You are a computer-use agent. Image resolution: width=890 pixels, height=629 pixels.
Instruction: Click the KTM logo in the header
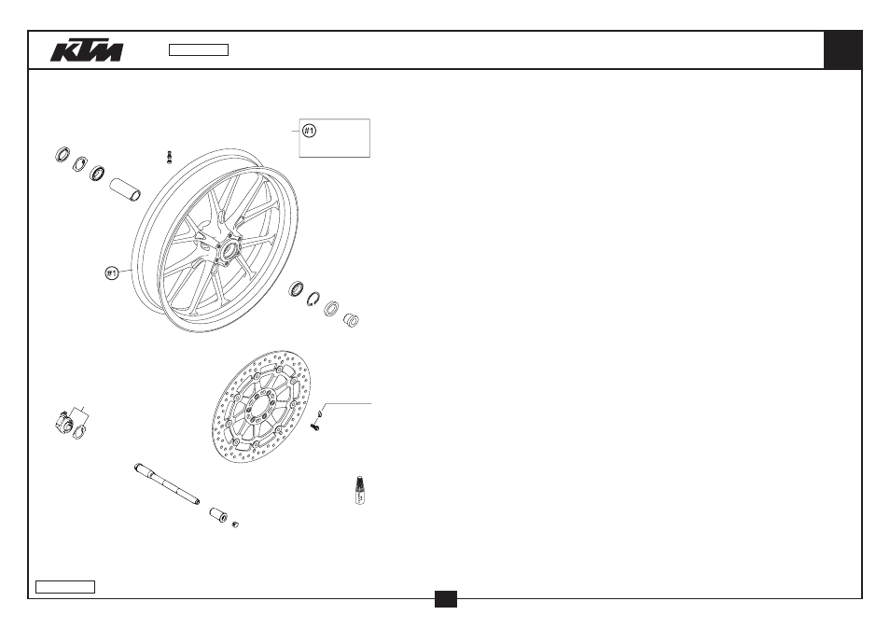87,50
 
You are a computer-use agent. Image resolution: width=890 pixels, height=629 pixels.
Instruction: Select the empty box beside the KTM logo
199,50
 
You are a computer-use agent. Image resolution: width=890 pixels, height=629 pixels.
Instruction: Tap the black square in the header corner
842,50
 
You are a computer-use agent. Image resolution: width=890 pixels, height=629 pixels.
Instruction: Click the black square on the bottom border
446,599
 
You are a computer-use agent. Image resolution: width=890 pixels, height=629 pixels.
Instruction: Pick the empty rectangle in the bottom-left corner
65,587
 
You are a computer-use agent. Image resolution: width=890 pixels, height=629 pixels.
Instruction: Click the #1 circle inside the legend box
309,131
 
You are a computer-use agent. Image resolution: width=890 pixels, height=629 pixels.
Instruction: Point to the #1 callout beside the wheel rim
112,273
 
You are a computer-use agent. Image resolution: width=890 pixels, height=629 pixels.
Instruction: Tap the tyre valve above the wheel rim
169,157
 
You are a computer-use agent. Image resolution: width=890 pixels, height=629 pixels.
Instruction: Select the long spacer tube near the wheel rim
125,189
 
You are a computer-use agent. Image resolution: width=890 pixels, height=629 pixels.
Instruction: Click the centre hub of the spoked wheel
229,248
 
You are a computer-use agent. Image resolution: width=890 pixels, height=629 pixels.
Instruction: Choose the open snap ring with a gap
313,299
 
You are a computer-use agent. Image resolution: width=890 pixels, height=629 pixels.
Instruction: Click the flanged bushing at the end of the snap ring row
351,319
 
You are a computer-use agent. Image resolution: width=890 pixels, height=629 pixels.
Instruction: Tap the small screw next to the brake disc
316,426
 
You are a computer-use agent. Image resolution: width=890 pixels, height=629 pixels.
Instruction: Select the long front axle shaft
167,484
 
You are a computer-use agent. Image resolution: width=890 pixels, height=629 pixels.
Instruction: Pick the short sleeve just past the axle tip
218,514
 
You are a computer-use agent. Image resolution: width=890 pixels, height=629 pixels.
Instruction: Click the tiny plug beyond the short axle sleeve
234,524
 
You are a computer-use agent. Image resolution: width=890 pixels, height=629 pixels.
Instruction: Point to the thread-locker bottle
359,491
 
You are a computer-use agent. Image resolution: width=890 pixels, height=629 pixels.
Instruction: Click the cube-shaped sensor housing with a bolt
63,421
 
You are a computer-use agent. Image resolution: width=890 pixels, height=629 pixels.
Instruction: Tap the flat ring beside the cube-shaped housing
80,433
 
